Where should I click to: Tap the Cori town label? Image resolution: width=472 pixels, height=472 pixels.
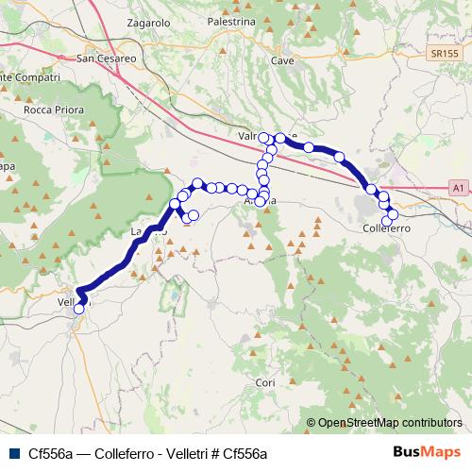[x=265, y=382]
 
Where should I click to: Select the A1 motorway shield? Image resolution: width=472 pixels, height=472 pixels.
[x=457, y=189]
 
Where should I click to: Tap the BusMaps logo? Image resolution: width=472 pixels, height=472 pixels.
[x=426, y=451]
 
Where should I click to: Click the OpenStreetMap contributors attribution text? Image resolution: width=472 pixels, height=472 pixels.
[x=390, y=424]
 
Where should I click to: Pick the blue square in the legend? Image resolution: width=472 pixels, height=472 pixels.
[x=14, y=452]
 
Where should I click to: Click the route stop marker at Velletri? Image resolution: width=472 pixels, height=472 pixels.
[x=78, y=308]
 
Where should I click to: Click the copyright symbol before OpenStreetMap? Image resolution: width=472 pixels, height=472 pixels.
[x=312, y=424]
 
